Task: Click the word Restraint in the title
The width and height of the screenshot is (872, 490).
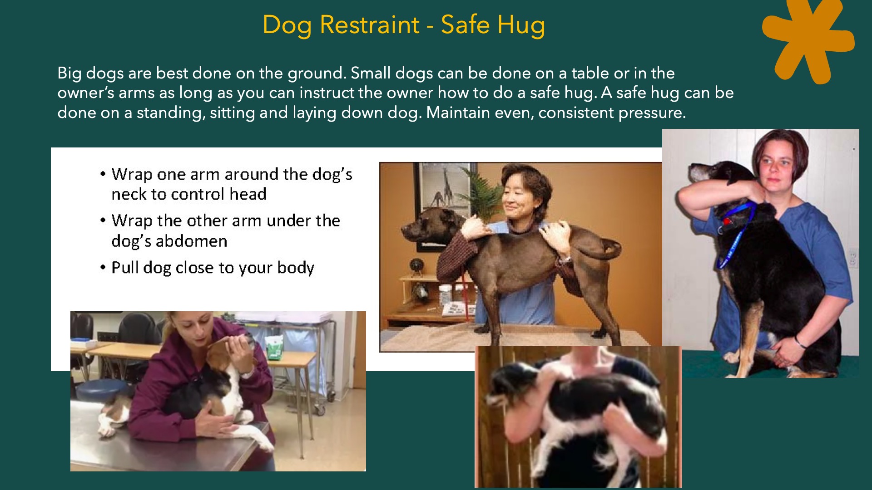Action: coord(370,24)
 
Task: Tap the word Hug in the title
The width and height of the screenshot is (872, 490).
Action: coord(521,25)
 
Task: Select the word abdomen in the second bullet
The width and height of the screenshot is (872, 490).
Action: coord(192,241)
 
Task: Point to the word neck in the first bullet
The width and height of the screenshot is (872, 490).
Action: coord(129,195)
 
